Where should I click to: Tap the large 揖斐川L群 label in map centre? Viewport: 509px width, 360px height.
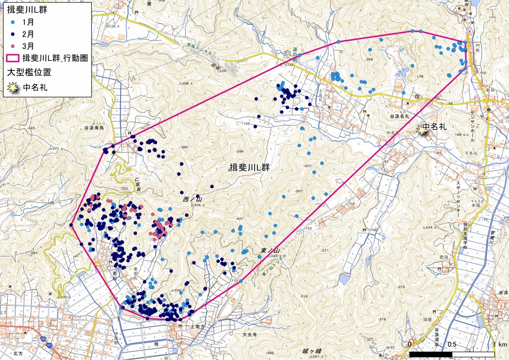pos(250,168)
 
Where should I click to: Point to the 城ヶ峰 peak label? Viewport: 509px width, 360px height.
pos(311,351)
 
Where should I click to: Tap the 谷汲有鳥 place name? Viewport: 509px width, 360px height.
pos(94,128)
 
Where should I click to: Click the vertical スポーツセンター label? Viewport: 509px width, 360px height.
pos(458,199)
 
